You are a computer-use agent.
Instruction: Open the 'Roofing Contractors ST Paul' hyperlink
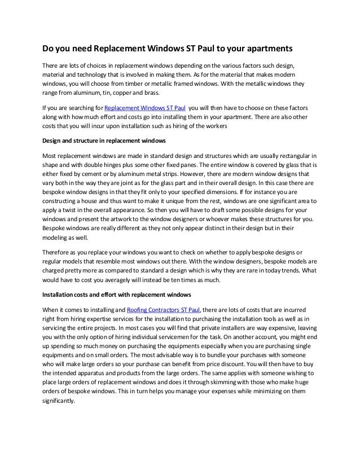point(164,310)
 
